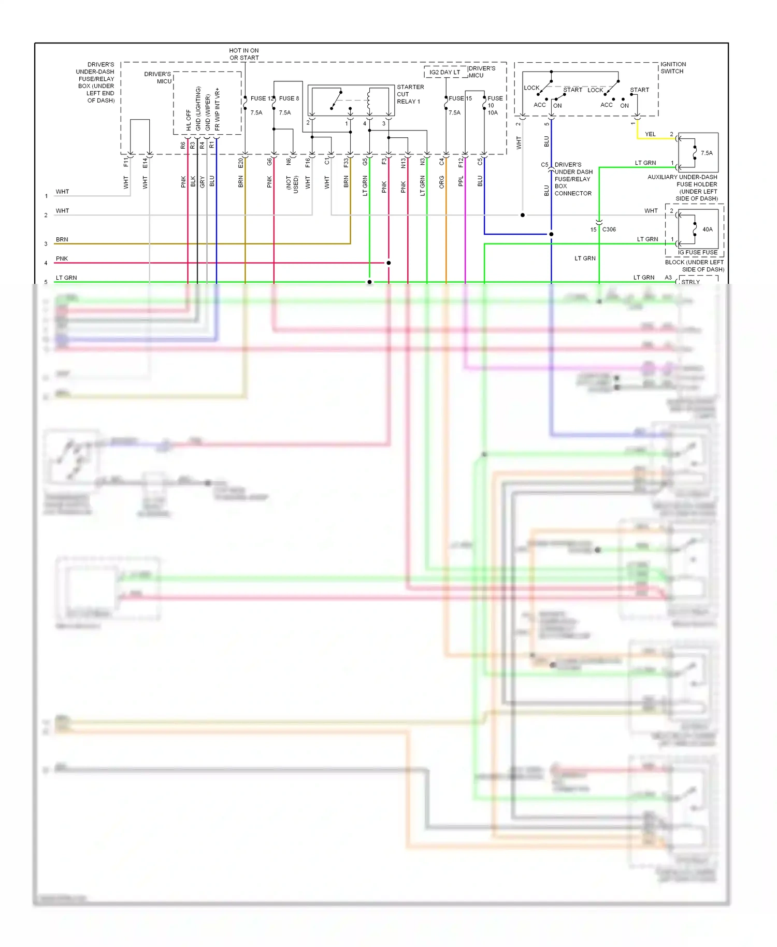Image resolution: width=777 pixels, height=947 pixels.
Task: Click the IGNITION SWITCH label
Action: [x=672, y=68]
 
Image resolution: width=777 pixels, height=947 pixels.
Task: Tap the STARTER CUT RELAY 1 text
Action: [x=410, y=94]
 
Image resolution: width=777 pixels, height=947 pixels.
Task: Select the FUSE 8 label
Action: [x=289, y=98]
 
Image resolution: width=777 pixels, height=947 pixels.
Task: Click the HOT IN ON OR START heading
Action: [x=244, y=54]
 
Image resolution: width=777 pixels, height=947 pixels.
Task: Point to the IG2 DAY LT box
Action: [x=444, y=73]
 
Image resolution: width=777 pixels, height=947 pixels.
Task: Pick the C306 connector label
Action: [x=609, y=229]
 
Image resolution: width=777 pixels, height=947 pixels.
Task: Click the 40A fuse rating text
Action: [x=707, y=229]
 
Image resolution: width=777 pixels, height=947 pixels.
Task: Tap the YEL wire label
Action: [x=650, y=134]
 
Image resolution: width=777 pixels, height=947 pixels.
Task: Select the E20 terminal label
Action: [x=240, y=163]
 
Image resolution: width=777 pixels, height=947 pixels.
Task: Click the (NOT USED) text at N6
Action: [x=292, y=184]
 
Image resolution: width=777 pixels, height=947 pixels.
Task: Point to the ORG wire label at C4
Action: [x=441, y=182]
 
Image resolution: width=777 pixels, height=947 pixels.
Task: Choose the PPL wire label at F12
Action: [x=461, y=181]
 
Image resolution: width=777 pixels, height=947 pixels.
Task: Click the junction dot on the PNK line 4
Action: [x=388, y=263]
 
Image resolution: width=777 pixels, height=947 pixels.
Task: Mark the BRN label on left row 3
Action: [x=62, y=240]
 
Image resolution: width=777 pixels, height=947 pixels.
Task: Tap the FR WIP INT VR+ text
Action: [x=217, y=109]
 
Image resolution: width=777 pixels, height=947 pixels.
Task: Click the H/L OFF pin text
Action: [x=189, y=120]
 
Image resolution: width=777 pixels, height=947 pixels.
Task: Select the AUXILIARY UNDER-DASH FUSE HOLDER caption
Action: [x=682, y=188]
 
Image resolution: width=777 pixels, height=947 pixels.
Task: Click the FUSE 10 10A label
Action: [x=494, y=105]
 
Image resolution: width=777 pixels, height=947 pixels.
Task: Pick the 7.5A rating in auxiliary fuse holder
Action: [x=707, y=153]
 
